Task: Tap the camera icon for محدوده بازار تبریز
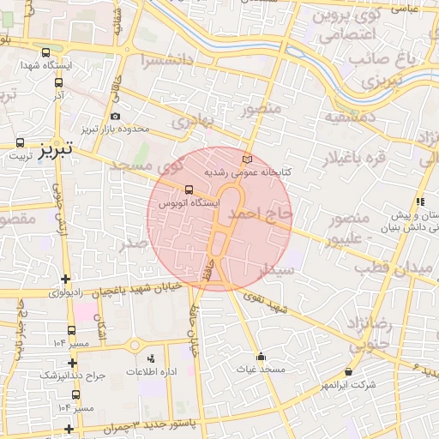[x=116, y=116]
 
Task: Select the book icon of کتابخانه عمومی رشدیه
[x=248, y=159]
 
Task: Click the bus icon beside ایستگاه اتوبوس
[x=188, y=189]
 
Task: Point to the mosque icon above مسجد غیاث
[x=261, y=356]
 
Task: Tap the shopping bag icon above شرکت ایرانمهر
[x=348, y=372]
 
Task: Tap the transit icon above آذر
[x=58, y=83]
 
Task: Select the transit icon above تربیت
[x=21, y=142]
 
